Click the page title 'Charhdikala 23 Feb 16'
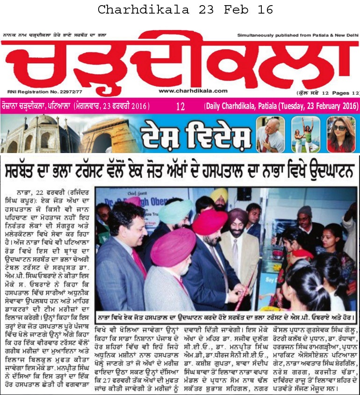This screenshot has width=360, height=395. pyautogui.click(x=180, y=9)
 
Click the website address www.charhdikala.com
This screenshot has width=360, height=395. pyautogui.click(x=193, y=91)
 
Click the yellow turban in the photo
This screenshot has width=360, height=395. pyautogui.click(x=219, y=195)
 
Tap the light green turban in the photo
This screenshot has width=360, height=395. pyautogui.click(x=175, y=211)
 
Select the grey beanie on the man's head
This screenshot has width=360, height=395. pyautogui.click(x=304, y=211)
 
